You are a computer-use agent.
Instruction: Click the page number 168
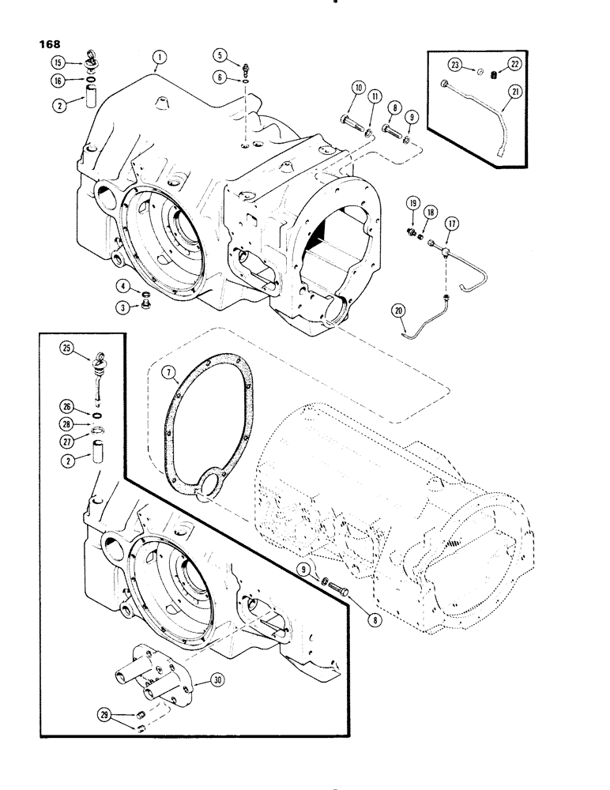(46, 45)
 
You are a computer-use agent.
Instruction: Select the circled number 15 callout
(58, 62)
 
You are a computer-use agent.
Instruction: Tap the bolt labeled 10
(351, 122)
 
